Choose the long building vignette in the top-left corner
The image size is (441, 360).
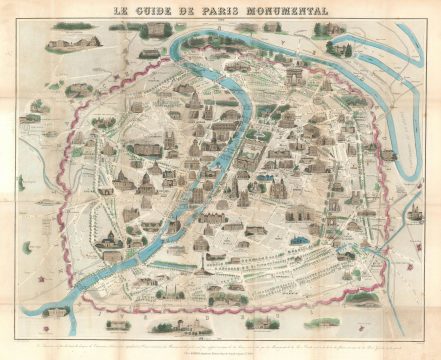70,42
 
